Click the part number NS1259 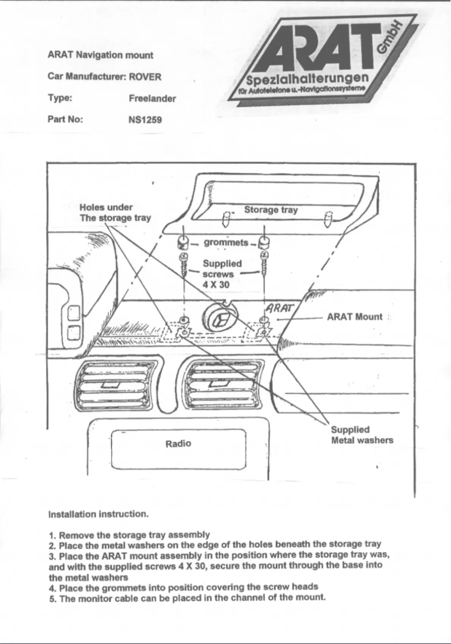pos(145,119)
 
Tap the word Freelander pos(152,99)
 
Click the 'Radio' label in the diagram pos(178,444)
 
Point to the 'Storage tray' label pos(270,210)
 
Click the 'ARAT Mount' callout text pos(354,316)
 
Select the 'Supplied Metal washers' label pos(362,435)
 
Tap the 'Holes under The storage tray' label pos(115,212)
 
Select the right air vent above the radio pos(222,383)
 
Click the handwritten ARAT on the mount pos(279,308)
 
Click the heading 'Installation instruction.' pos(98,515)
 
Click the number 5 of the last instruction pos(52,597)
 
